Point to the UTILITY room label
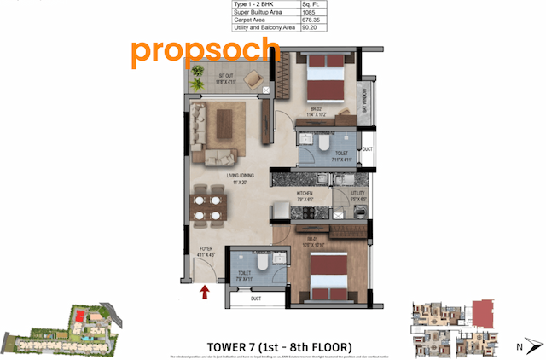357,195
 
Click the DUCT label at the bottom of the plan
256,298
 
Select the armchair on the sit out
255,78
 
